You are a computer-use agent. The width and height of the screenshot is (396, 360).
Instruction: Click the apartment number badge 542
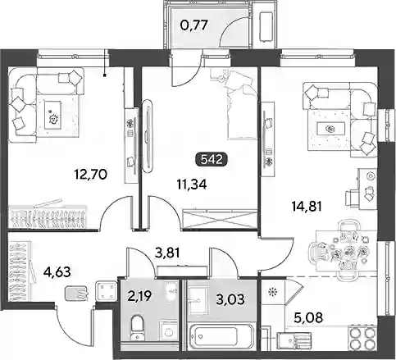212,159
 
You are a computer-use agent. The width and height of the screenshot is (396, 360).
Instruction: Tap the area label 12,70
90,174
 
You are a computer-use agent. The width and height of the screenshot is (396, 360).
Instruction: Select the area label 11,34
192,185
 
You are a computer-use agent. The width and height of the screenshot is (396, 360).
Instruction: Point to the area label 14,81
307,207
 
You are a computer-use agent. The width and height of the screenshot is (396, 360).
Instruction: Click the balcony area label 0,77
194,25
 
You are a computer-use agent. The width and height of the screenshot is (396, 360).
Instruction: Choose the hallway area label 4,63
57,272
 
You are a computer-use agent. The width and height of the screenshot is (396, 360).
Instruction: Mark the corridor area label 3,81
167,253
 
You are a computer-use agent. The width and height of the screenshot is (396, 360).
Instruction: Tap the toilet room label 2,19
139,295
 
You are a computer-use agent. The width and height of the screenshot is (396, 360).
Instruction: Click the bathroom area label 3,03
230,299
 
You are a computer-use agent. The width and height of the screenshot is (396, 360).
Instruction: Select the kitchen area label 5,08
309,317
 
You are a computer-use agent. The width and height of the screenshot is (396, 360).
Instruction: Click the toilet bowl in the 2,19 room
137,328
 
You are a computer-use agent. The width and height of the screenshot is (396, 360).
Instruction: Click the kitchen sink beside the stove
294,339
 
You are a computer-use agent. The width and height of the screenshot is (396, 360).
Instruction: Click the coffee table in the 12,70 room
52,115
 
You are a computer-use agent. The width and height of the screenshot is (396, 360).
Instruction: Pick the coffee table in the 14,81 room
330,128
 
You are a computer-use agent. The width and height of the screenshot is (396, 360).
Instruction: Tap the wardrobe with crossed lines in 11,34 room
221,219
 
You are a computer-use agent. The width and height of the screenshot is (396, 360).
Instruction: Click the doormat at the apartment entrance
76,293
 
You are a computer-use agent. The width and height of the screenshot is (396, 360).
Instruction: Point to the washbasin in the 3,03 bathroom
197,300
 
